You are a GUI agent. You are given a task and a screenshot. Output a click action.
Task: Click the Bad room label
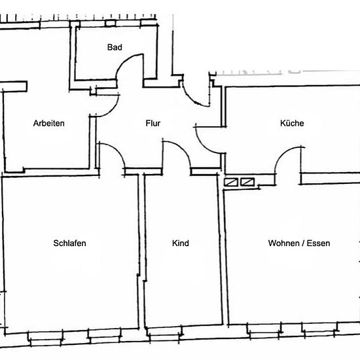tap(115, 47)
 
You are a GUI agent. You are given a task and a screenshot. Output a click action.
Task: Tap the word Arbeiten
tap(49, 123)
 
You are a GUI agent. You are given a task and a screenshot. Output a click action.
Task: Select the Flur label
tap(153, 123)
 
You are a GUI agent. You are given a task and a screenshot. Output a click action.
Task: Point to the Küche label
tap(292, 123)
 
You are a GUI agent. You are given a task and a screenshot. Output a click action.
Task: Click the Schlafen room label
tap(69, 243)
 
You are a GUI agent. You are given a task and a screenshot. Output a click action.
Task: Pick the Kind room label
tap(181, 243)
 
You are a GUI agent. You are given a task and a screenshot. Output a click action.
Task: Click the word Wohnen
tap(284, 243)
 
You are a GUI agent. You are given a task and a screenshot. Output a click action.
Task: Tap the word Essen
tap(319, 243)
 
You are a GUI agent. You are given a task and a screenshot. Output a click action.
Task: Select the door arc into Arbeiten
tap(113, 110)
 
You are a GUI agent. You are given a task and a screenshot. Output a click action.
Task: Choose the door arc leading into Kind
tap(182, 149)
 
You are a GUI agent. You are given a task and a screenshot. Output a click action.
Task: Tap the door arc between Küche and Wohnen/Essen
tap(281, 153)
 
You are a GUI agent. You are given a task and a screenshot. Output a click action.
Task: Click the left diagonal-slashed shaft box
tap(231, 183)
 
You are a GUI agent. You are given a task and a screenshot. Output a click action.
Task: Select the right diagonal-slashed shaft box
tap(247, 182)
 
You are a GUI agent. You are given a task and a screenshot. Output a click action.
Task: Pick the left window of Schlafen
tap(45, 338)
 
